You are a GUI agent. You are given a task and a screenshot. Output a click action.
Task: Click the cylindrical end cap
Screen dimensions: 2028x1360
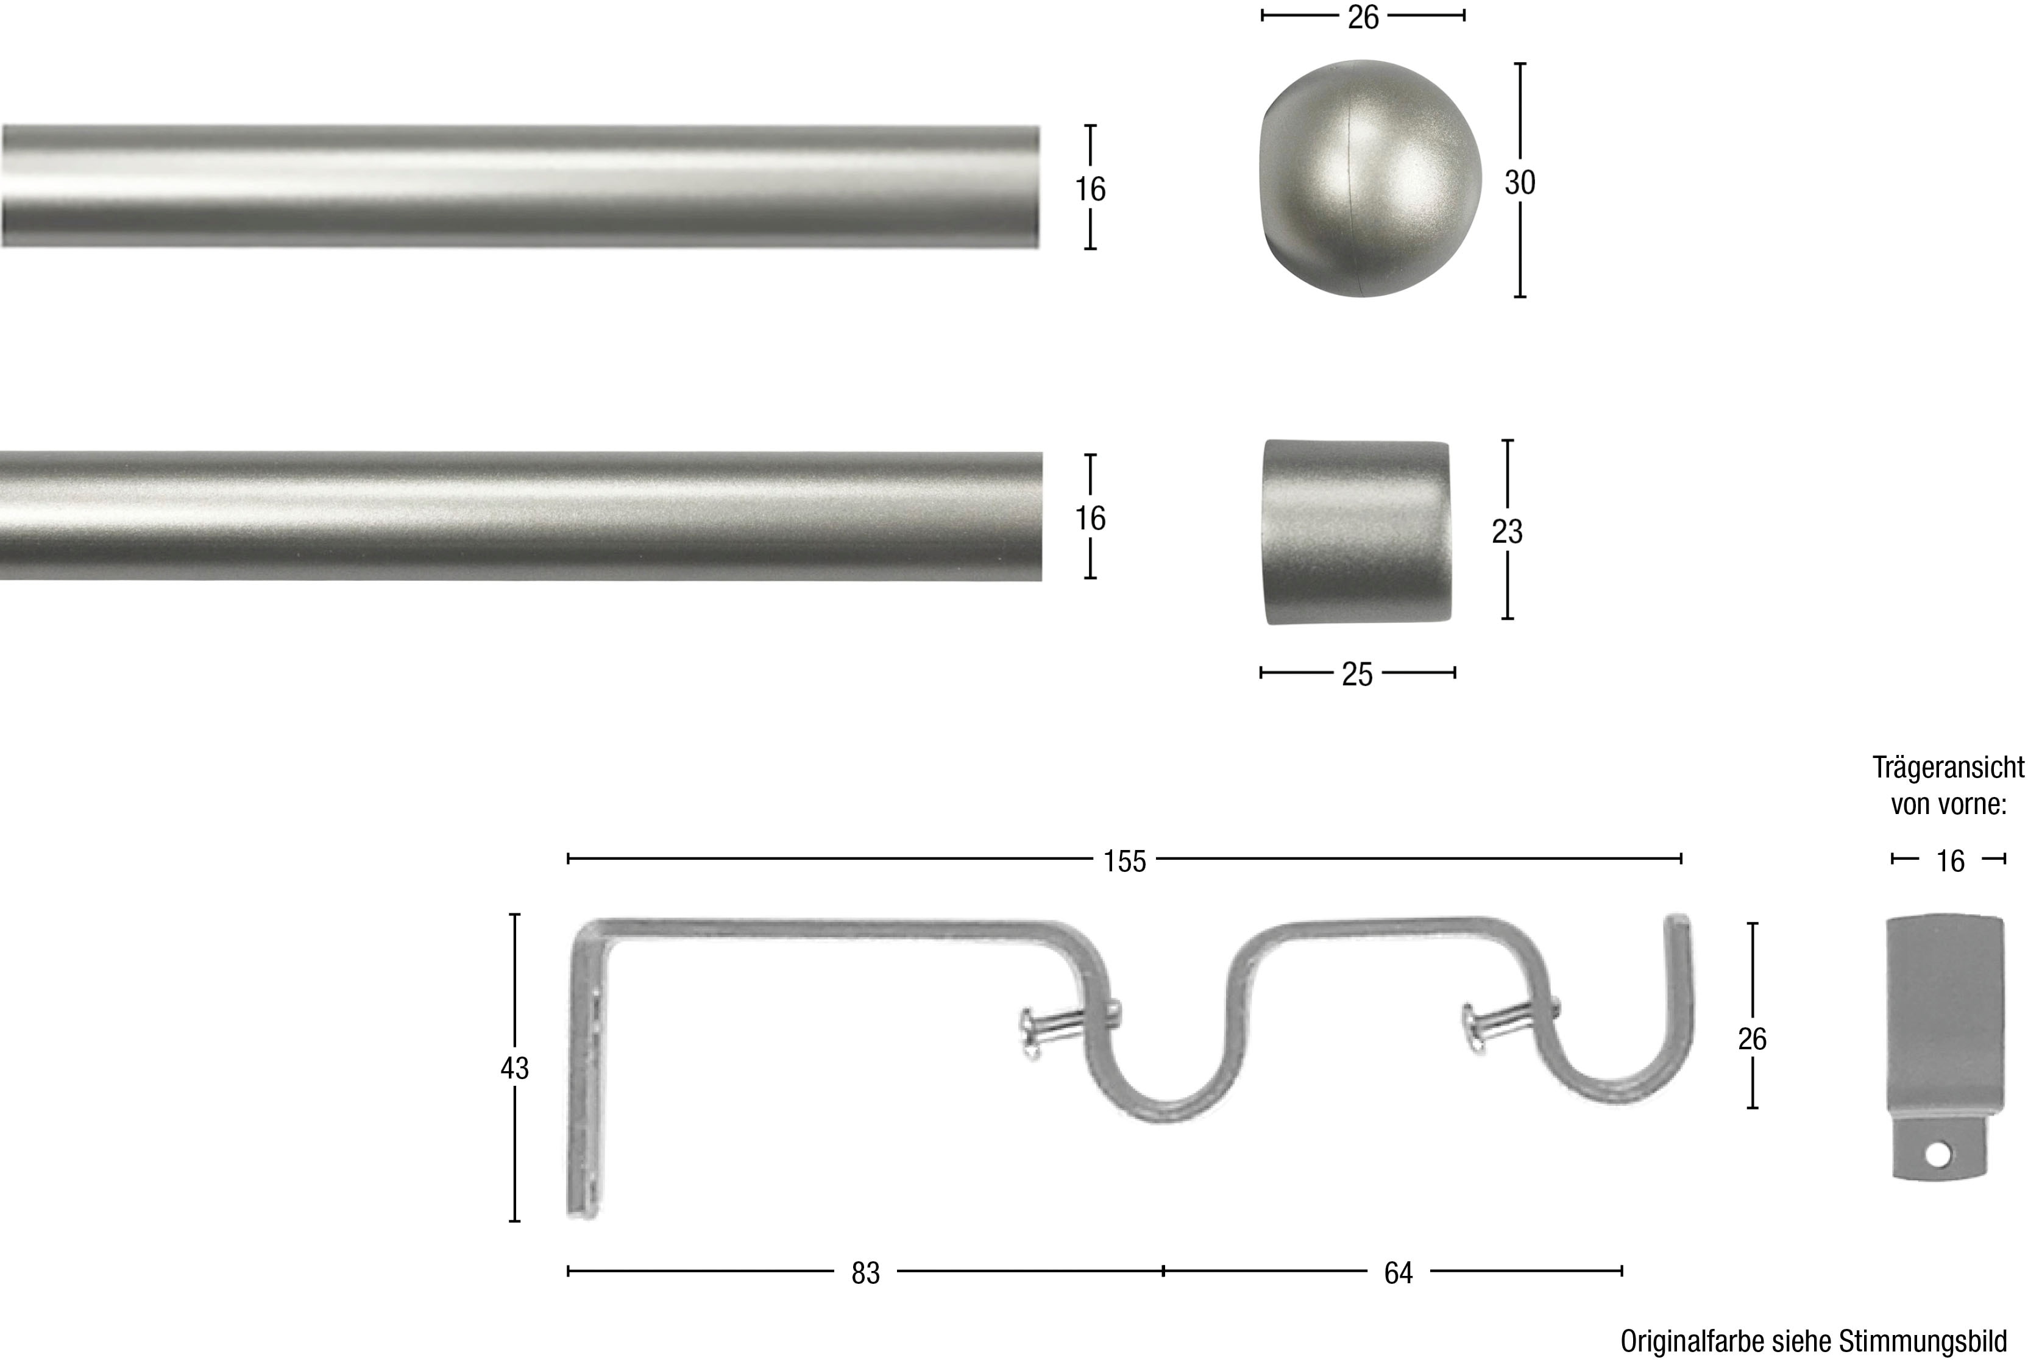point(1356,532)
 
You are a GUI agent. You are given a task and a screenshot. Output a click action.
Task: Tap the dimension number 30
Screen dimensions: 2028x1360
point(1520,182)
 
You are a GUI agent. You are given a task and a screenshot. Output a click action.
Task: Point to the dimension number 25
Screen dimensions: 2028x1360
point(1358,674)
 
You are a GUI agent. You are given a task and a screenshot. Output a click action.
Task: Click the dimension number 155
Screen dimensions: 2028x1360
point(1125,862)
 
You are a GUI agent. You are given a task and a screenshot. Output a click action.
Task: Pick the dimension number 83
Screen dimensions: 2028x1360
point(865,1272)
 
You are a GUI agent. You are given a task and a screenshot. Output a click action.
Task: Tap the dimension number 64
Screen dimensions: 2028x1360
point(1397,1272)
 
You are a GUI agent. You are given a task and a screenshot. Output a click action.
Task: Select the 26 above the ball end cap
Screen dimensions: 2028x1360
point(1363,17)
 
